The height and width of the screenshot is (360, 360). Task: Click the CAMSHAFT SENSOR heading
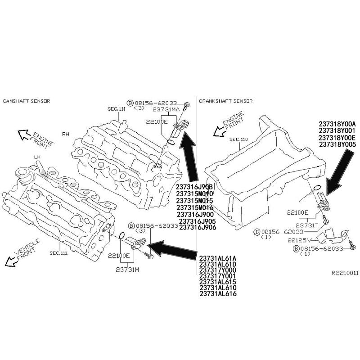pos(26,101)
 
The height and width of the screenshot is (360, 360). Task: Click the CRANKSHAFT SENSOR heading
pos(225,101)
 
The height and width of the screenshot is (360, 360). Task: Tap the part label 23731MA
pos(166,109)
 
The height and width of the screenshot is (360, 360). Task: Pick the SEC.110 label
pos(238,139)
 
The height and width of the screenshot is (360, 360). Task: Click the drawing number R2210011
pos(345,273)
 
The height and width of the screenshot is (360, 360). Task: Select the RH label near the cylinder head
pos(66,134)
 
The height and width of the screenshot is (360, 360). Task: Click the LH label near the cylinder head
pos(37,157)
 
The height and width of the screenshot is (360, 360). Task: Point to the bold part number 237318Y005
pos(337,144)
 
